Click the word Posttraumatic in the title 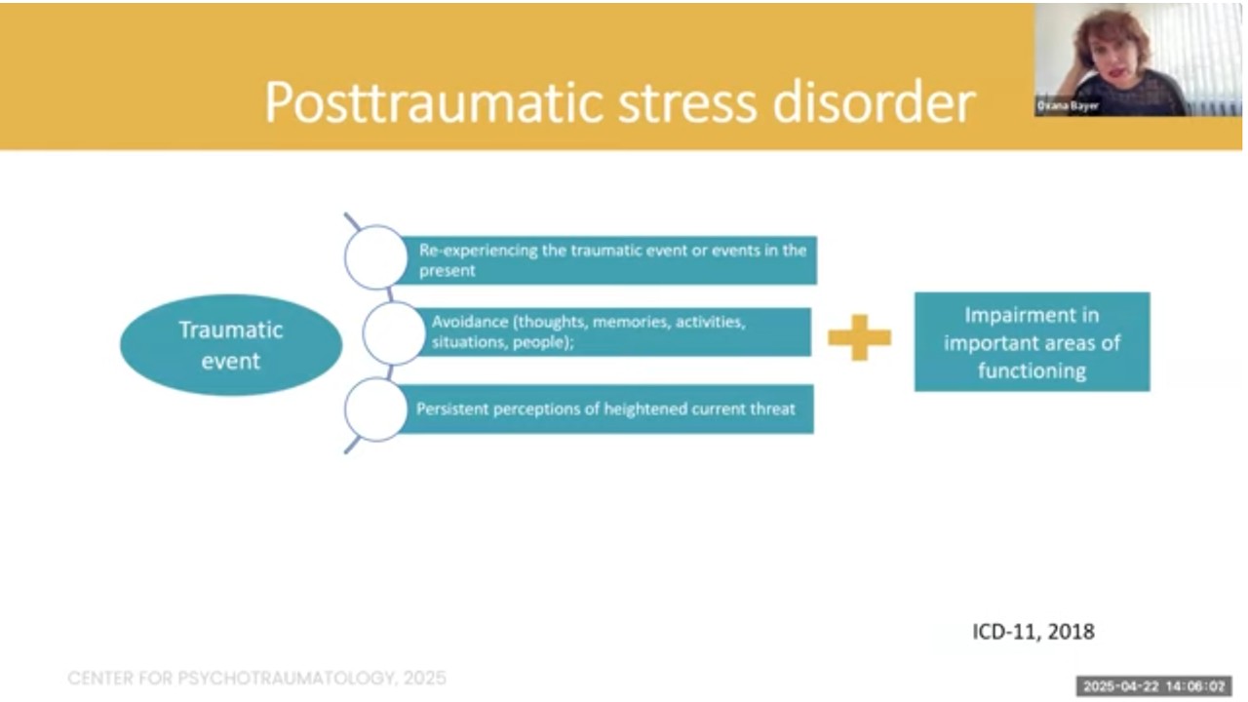tap(434, 103)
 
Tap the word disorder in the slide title tap(874, 103)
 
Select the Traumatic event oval tap(231, 345)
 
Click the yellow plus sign tap(859, 337)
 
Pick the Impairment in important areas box tap(1032, 341)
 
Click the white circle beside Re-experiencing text tap(376, 256)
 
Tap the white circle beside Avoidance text tap(394, 333)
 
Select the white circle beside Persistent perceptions tap(376, 409)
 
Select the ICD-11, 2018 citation tap(1033, 632)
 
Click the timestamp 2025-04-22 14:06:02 tap(1153, 685)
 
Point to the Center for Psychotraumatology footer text tap(256, 678)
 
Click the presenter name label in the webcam tap(1068, 106)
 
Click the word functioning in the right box tap(1033, 371)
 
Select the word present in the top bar tap(448, 271)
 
